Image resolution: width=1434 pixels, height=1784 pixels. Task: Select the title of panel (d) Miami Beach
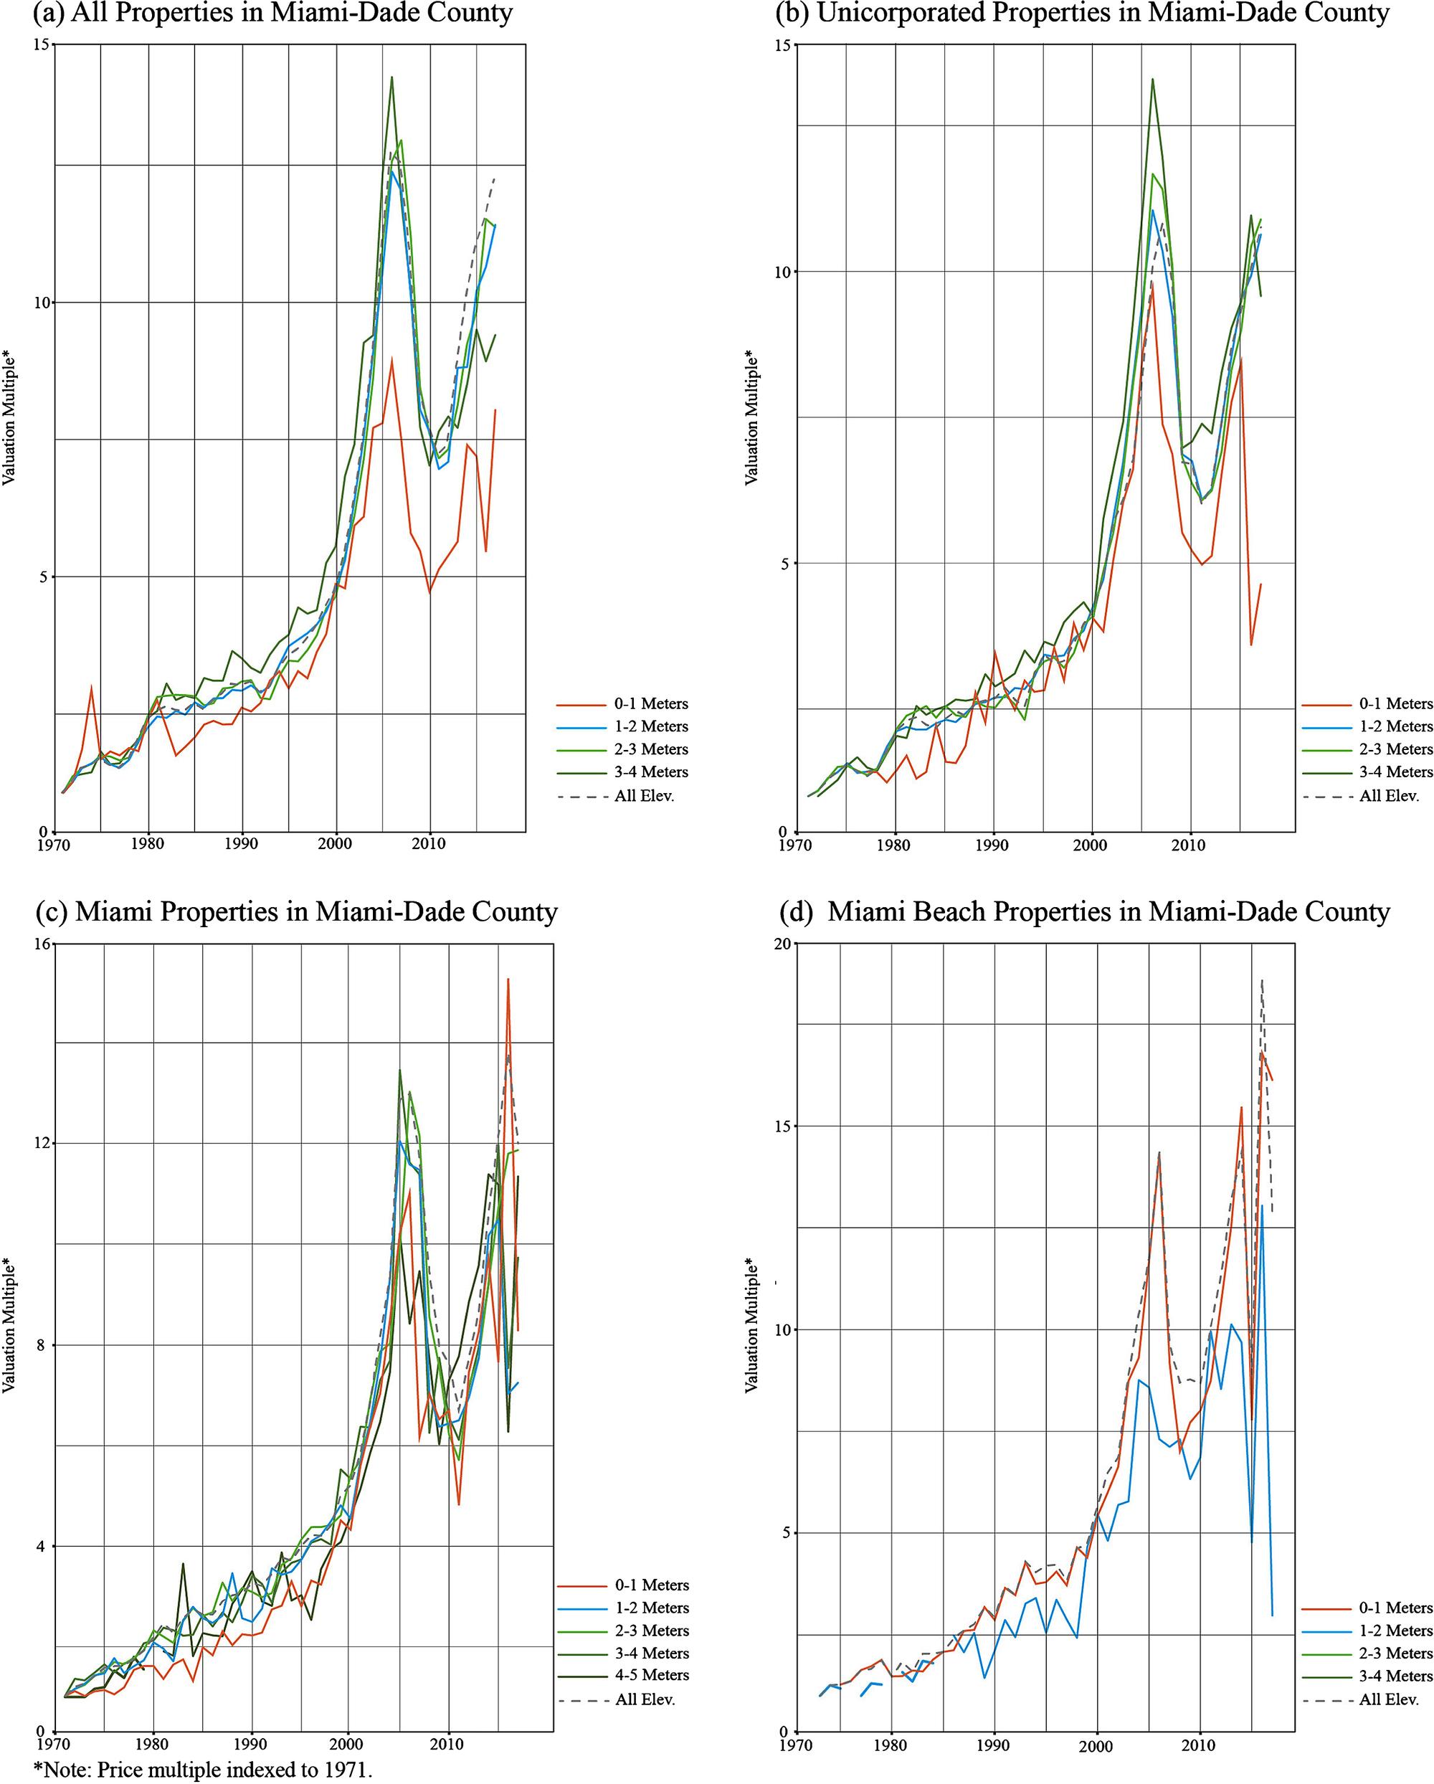click(1084, 911)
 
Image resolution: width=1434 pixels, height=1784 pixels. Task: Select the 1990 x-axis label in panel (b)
click(992, 845)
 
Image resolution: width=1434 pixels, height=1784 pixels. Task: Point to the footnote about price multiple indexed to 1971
click(203, 1770)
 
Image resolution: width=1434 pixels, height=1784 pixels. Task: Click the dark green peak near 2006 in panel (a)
click(391, 77)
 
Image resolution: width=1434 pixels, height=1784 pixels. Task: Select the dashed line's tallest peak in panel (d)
click(1262, 979)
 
